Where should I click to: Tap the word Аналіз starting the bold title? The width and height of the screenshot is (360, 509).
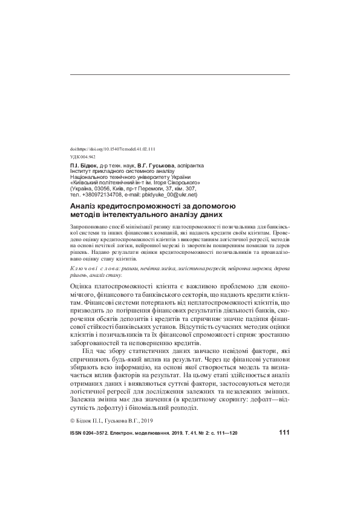pos(85,206)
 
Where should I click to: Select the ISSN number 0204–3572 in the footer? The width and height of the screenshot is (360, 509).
pos(100,433)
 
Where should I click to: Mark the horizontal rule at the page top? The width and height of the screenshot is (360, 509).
pos(180,74)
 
